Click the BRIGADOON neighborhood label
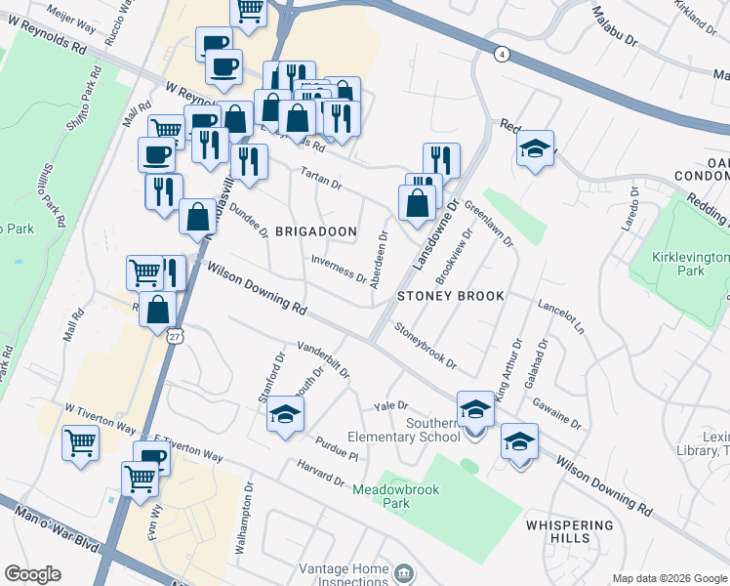tap(315, 231)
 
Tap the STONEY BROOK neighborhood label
tap(451, 295)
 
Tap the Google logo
tap(33, 574)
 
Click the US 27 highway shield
tap(174, 336)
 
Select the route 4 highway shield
tap(501, 54)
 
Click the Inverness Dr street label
tap(339, 269)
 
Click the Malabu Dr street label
tap(616, 25)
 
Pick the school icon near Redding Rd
tap(535, 148)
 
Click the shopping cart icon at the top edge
tap(249, 10)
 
